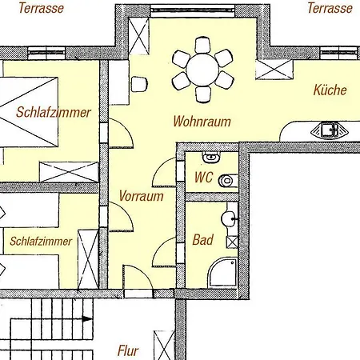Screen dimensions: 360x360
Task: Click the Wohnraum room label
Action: coord(202,122)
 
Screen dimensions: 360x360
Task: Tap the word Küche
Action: coord(330,90)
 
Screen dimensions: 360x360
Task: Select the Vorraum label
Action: coord(141,195)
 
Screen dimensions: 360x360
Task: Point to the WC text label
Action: coord(203,178)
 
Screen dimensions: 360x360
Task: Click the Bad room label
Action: coord(202,239)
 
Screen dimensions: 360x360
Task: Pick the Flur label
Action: coord(128,350)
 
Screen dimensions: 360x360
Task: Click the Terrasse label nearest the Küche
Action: coord(330,8)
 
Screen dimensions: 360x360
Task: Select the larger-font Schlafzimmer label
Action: coord(53,112)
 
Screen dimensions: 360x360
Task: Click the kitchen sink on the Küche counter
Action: coord(328,129)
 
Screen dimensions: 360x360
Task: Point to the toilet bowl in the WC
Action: coord(226,181)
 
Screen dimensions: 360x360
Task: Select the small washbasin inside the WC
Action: coord(210,158)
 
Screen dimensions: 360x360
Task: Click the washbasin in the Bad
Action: coord(230,218)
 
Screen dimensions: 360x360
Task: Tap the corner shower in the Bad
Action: coord(222,272)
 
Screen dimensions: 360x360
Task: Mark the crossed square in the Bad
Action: coord(232,242)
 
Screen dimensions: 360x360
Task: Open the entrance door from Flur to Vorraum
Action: coord(136,279)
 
